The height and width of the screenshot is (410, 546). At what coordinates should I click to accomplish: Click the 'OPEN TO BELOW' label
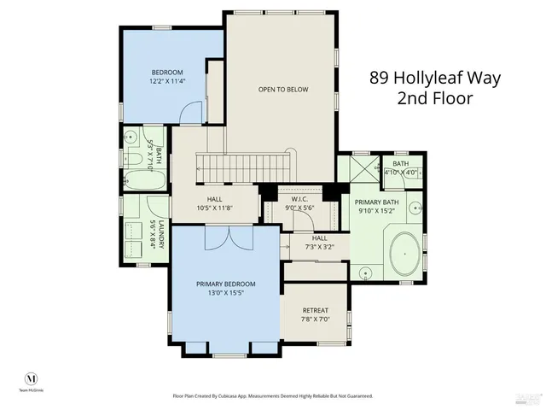(283, 89)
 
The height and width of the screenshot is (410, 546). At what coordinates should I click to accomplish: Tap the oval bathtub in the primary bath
(407, 252)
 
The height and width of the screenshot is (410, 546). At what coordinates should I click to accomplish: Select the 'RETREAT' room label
(315, 310)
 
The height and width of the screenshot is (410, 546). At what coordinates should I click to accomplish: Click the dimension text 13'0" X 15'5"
(225, 293)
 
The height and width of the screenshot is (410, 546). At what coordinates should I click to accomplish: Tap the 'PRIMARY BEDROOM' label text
(225, 284)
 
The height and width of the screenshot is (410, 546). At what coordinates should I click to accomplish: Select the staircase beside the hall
(246, 162)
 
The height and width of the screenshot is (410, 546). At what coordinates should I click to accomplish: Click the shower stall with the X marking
(357, 168)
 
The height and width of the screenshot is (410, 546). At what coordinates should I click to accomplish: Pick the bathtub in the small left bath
(135, 181)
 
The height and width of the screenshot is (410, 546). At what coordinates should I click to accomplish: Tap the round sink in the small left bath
(132, 137)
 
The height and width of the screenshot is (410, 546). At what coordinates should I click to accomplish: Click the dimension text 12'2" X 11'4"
(168, 82)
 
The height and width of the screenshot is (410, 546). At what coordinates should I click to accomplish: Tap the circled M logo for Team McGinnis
(32, 378)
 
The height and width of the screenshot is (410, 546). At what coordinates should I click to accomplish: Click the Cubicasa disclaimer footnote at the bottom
(273, 395)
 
